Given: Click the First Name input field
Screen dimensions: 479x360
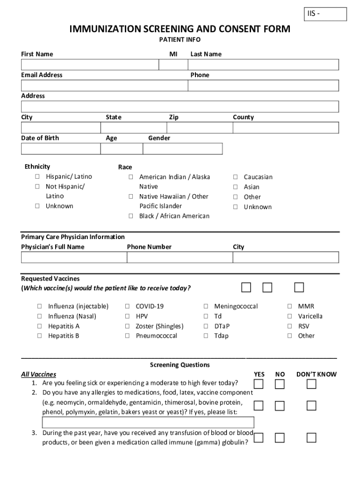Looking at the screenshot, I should [x=90, y=65].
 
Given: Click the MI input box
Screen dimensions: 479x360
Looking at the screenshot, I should [x=173, y=65].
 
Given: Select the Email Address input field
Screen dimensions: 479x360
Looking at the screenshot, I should [x=104, y=86].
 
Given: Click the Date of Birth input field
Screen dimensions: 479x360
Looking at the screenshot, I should [x=60, y=149].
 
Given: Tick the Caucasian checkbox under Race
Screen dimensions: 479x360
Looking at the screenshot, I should [x=236, y=177].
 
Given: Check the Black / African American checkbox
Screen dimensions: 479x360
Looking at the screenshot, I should [x=131, y=216].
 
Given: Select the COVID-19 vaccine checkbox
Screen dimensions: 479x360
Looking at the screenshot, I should [x=127, y=306].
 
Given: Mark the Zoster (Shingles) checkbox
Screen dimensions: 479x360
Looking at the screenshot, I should [x=127, y=326].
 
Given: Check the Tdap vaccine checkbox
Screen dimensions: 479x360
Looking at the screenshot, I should [x=206, y=336].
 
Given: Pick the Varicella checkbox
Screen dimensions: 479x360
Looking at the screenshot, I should [x=290, y=316].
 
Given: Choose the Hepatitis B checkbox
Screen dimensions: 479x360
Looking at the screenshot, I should [x=40, y=336].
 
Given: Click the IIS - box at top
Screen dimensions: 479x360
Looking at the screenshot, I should [x=326, y=15].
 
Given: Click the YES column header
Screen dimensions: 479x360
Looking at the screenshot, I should [x=259, y=374].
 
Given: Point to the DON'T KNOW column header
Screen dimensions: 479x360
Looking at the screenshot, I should [x=316, y=374].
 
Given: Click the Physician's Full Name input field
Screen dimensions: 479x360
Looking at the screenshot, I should [x=74, y=257].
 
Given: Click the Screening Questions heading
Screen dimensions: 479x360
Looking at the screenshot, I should [x=180, y=365].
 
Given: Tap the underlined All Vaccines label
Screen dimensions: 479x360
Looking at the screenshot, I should [x=38, y=374].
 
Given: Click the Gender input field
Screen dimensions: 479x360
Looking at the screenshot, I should [x=182, y=149].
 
